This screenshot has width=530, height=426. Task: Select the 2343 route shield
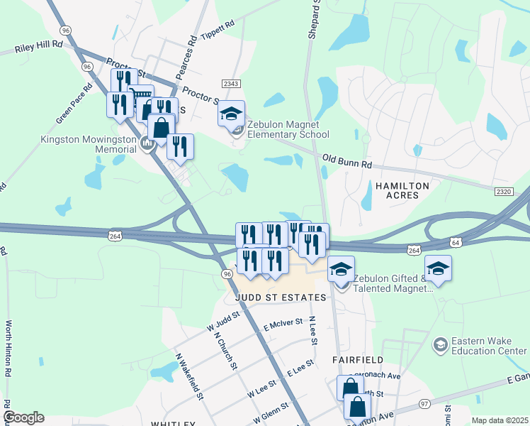pos(232,84)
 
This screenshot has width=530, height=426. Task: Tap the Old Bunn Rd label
pos(347,161)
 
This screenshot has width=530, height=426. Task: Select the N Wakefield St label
pos(189,376)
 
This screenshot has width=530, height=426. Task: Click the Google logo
pos(23,417)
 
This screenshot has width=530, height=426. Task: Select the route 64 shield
pos(455,243)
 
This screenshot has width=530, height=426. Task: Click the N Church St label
pos(224,351)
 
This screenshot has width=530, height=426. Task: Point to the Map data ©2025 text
pos(500,420)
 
